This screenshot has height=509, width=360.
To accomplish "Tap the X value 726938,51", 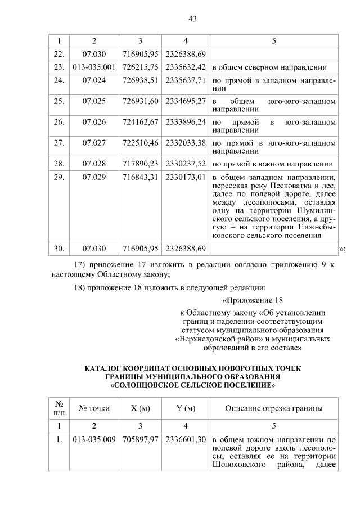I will point(141,80).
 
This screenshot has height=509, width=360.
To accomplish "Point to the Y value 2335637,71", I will point(186,80).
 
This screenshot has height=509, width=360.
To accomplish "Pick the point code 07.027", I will point(94,142).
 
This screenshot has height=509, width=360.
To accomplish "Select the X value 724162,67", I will point(141,121).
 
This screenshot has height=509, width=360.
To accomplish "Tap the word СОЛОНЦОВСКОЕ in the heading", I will point(152,386).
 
